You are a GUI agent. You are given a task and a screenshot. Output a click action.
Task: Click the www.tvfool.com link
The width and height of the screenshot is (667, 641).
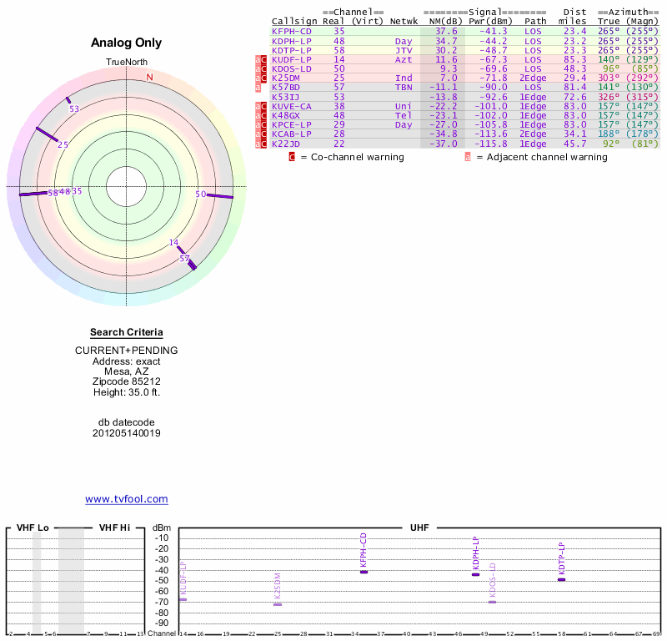coord(126,499)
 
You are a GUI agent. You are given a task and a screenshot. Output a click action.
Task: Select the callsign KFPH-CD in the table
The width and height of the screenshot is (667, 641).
coord(292,31)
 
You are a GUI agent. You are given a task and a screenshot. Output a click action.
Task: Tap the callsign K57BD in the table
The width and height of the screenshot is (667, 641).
coord(288,87)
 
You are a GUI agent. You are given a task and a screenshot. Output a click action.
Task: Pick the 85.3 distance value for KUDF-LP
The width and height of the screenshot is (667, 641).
coord(574,59)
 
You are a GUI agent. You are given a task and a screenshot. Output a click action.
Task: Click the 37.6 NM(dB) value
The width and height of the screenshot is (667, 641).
coord(446,31)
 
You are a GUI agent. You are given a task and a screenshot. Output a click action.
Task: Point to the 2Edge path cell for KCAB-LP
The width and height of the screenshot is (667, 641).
coord(533,134)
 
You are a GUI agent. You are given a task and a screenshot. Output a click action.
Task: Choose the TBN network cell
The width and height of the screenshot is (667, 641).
coord(404,87)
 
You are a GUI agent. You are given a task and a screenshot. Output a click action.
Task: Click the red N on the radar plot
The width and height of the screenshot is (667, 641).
coord(150,78)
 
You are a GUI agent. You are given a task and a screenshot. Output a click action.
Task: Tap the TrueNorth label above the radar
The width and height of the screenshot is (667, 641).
coord(126,63)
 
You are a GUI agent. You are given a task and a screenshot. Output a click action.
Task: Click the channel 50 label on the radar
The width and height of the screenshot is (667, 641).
coord(200,194)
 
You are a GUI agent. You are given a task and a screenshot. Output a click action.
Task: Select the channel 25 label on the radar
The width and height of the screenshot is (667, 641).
coord(63,144)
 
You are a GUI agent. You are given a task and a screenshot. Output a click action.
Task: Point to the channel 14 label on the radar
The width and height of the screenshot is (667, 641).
coord(173,243)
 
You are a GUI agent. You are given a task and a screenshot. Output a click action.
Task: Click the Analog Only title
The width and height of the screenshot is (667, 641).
coord(126,43)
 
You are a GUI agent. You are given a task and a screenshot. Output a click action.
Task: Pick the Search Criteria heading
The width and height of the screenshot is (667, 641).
coord(126,333)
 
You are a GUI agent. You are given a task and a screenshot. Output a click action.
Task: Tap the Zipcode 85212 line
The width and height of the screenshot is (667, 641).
coord(126,381)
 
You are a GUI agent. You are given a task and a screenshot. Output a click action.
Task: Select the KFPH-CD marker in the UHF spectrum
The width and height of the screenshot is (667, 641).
coord(364,571)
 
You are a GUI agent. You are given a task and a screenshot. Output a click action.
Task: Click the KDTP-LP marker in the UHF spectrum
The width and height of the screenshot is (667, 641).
coord(561,579)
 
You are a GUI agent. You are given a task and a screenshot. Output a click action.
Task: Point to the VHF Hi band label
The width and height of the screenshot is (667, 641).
coord(114,528)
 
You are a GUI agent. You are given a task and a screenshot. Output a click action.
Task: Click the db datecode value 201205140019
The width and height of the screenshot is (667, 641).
coord(126,433)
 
